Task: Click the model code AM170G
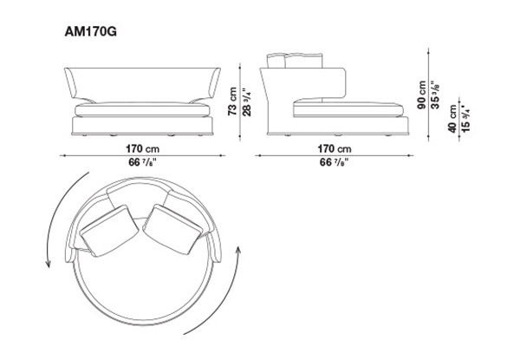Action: point(90,32)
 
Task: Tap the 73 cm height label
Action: point(232,101)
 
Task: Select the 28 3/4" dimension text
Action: point(247,101)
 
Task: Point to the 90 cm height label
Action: point(422,95)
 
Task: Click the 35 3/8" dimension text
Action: point(435,95)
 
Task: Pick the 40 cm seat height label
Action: point(452,119)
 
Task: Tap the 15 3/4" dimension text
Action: point(465,119)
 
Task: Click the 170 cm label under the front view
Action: point(142,148)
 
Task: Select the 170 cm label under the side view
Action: point(335,148)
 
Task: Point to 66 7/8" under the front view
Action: point(143,162)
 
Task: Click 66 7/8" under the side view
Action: point(335,162)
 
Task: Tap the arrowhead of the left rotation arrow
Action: point(49,264)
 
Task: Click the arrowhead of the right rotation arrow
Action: point(237,250)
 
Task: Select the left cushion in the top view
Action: point(109,231)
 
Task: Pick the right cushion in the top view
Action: point(172,229)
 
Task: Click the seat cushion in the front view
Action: point(142,110)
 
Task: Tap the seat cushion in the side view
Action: point(348,109)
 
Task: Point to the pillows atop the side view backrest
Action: point(295,61)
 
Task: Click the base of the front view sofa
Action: point(142,126)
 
